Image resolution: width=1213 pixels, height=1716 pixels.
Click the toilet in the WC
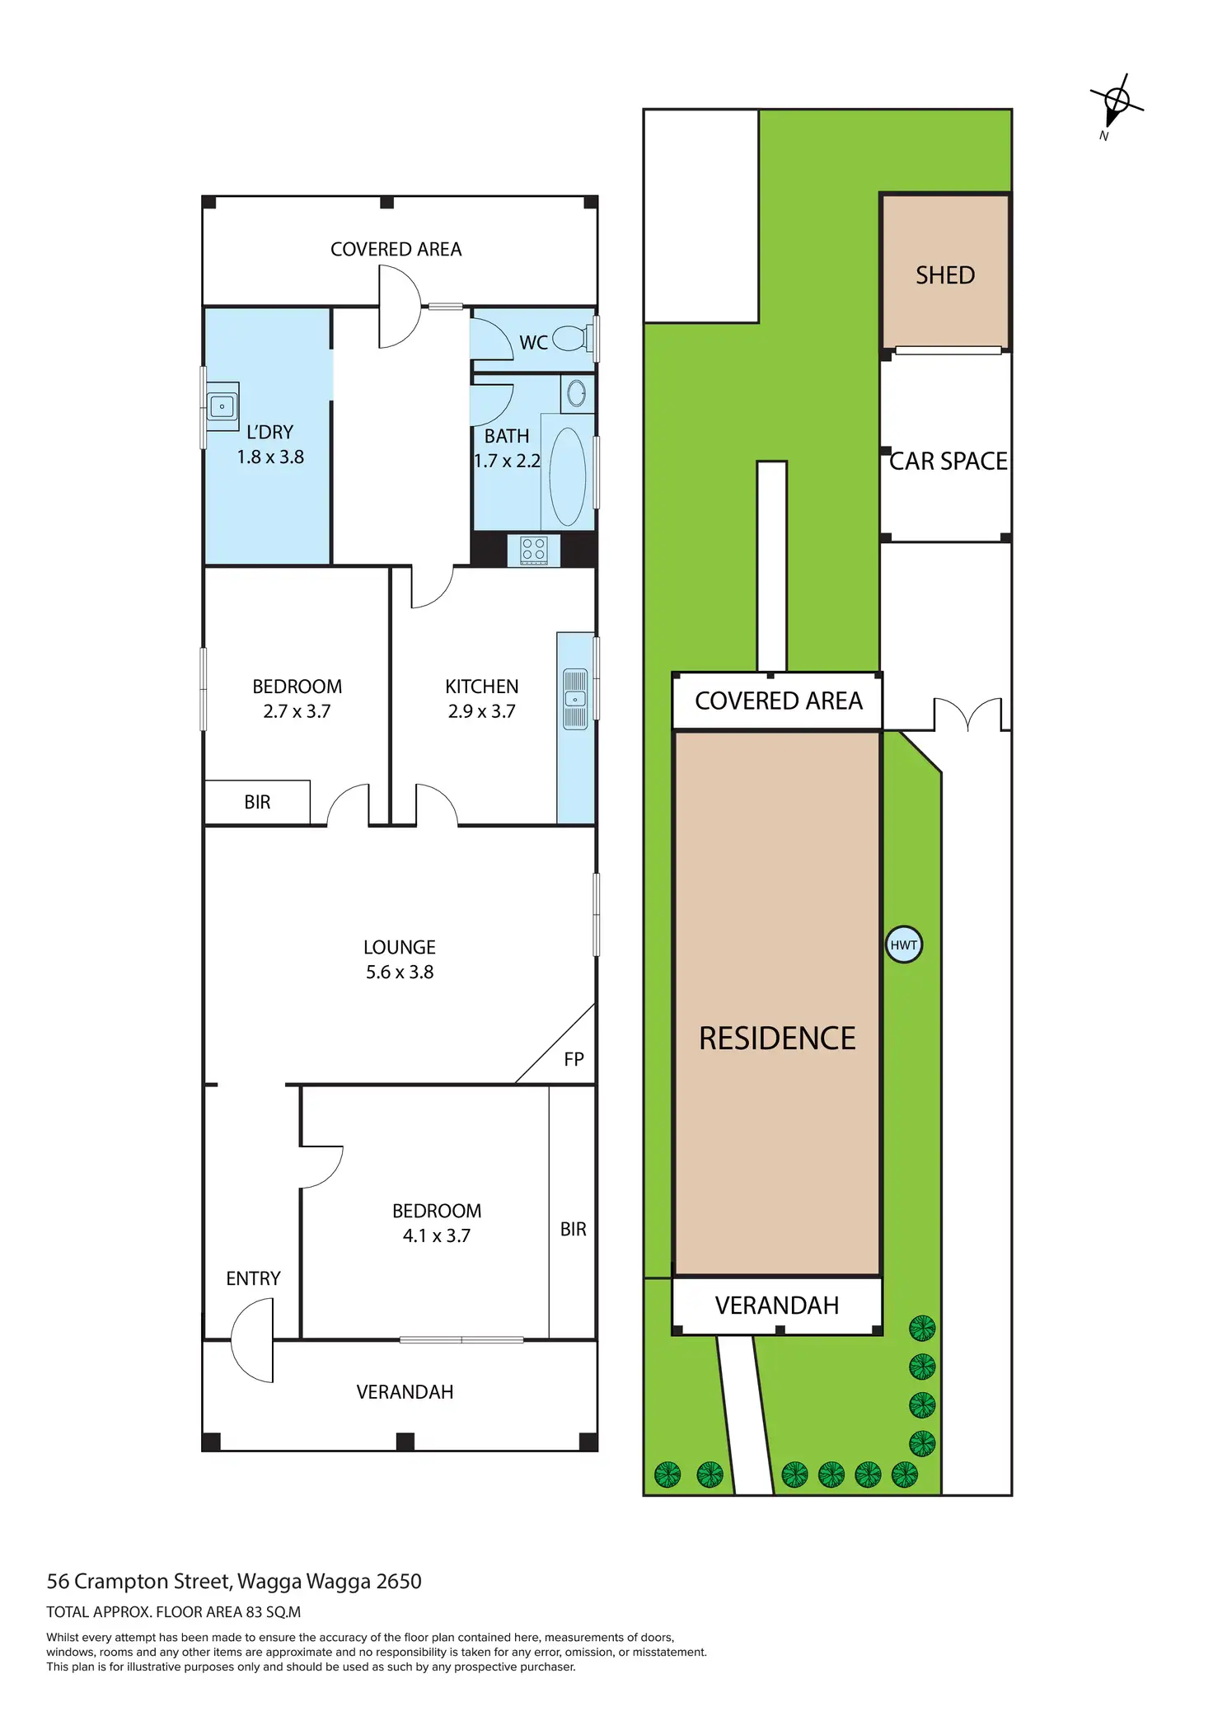point(570,338)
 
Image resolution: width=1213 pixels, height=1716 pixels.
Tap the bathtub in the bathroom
point(567,476)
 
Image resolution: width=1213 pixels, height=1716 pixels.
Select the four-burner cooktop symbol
point(533,549)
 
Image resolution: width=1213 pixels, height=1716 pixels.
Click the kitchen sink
point(575,699)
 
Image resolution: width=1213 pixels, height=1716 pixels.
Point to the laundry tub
point(222,406)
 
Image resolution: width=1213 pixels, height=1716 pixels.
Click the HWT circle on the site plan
point(904,945)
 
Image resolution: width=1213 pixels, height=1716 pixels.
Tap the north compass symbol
point(1116,103)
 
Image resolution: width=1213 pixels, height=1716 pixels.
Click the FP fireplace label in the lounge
point(574,1059)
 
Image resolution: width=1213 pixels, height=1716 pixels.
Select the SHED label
point(945,275)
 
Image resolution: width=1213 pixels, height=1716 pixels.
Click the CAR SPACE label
point(948,462)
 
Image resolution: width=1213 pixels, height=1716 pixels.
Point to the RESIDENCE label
point(777,1039)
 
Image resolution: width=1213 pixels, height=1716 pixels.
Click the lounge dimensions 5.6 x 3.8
point(400,973)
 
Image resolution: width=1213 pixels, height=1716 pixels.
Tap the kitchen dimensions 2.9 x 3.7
point(482,711)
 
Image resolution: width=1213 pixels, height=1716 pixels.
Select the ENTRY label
point(253,1278)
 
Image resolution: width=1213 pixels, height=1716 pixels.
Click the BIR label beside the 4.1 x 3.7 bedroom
point(573,1229)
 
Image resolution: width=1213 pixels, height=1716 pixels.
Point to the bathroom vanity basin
point(577,393)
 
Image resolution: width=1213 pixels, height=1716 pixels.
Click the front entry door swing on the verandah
point(253,1340)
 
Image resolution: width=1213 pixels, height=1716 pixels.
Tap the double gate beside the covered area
point(967,714)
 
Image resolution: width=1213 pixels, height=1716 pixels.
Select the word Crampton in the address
point(111,1581)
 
